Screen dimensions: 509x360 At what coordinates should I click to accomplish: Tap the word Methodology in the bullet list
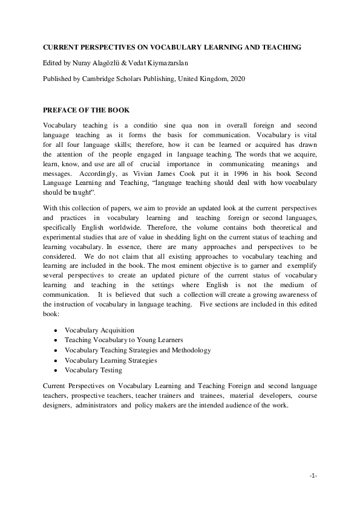tap(189, 350)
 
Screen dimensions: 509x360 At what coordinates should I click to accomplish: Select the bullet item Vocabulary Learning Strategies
tap(111, 360)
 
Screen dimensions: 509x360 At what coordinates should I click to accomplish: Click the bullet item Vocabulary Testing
tap(93, 370)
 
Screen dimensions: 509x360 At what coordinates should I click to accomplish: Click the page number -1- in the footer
tap(313, 476)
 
